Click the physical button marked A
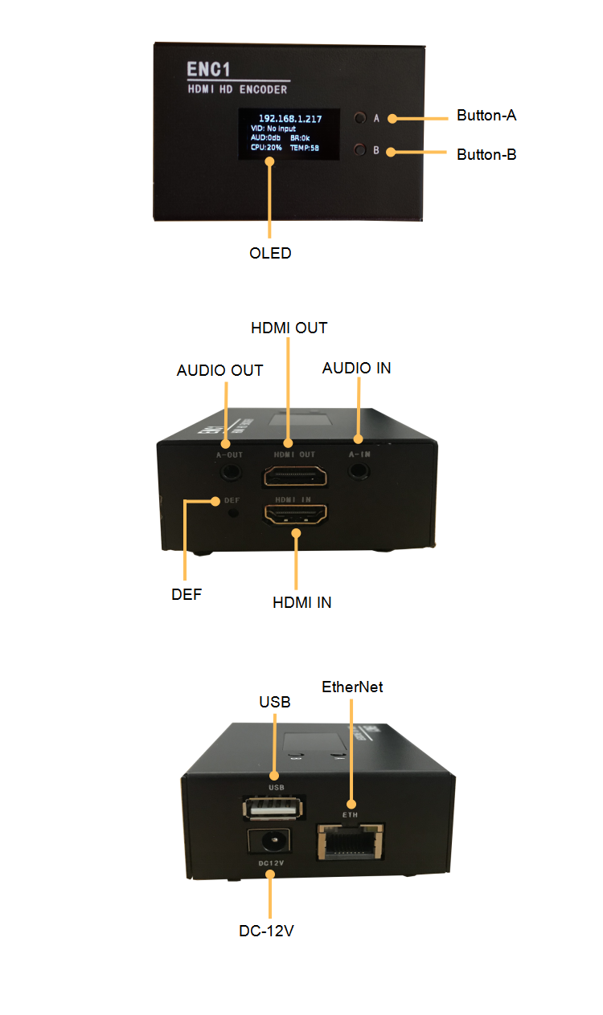coord(360,118)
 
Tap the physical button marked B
coord(360,149)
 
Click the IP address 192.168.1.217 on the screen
coord(290,119)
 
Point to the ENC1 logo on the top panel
coord(208,69)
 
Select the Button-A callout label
coord(486,116)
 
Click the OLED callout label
coord(270,253)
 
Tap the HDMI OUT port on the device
coord(295,475)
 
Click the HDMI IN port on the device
coord(295,514)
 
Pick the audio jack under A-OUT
coord(231,471)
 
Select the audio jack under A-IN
coord(359,471)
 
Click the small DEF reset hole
coord(233,513)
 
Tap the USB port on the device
coord(273,808)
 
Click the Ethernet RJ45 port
coord(350,841)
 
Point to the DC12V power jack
coord(269,842)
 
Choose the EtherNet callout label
coord(352,687)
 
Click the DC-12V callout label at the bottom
coord(266,931)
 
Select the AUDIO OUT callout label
coord(219,370)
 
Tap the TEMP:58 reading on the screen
coord(305,148)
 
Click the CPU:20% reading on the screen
coord(266,147)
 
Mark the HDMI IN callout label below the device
coord(301,602)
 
